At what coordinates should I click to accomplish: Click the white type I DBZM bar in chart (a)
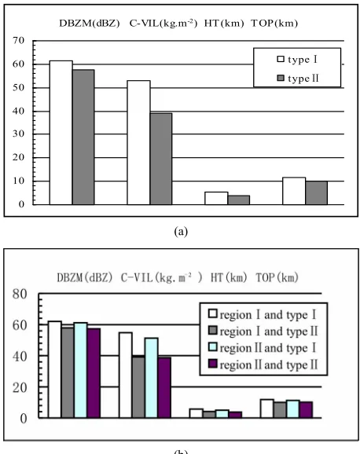[x=61, y=133]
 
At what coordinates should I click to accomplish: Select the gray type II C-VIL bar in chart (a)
[x=161, y=159]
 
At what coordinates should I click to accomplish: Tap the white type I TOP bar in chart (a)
[x=294, y=191]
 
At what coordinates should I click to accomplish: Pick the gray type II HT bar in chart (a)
[x=239, y=200]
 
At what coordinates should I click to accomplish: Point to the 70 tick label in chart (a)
[x=18, y=40]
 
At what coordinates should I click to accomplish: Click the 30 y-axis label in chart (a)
[x=18, y=134]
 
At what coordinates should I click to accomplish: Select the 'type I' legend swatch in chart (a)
[x=281, y=59]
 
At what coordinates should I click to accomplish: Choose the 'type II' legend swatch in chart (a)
[x=281, y=78]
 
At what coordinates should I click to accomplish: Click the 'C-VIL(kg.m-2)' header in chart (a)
[x=163, y=23]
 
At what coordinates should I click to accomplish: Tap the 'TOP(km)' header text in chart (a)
[x=274, y=23]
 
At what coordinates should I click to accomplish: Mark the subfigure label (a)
[x=181, y=232]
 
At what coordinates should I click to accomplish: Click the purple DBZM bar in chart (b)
[x=94, y=373]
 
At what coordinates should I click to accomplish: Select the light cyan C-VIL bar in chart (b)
[x=151, y=378]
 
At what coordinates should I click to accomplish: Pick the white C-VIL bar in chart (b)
[x=126, y=375]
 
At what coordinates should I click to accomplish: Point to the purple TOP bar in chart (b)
[x=306, y=410]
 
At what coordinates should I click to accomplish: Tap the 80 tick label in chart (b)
[x=20, y=294]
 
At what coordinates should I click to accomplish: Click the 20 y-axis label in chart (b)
[x=20, y=387]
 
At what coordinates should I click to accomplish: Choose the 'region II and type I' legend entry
[x=263, y=348]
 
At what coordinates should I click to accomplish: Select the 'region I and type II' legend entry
[x=263, y=331]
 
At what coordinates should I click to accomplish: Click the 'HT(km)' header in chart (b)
[x=229, y=278]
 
